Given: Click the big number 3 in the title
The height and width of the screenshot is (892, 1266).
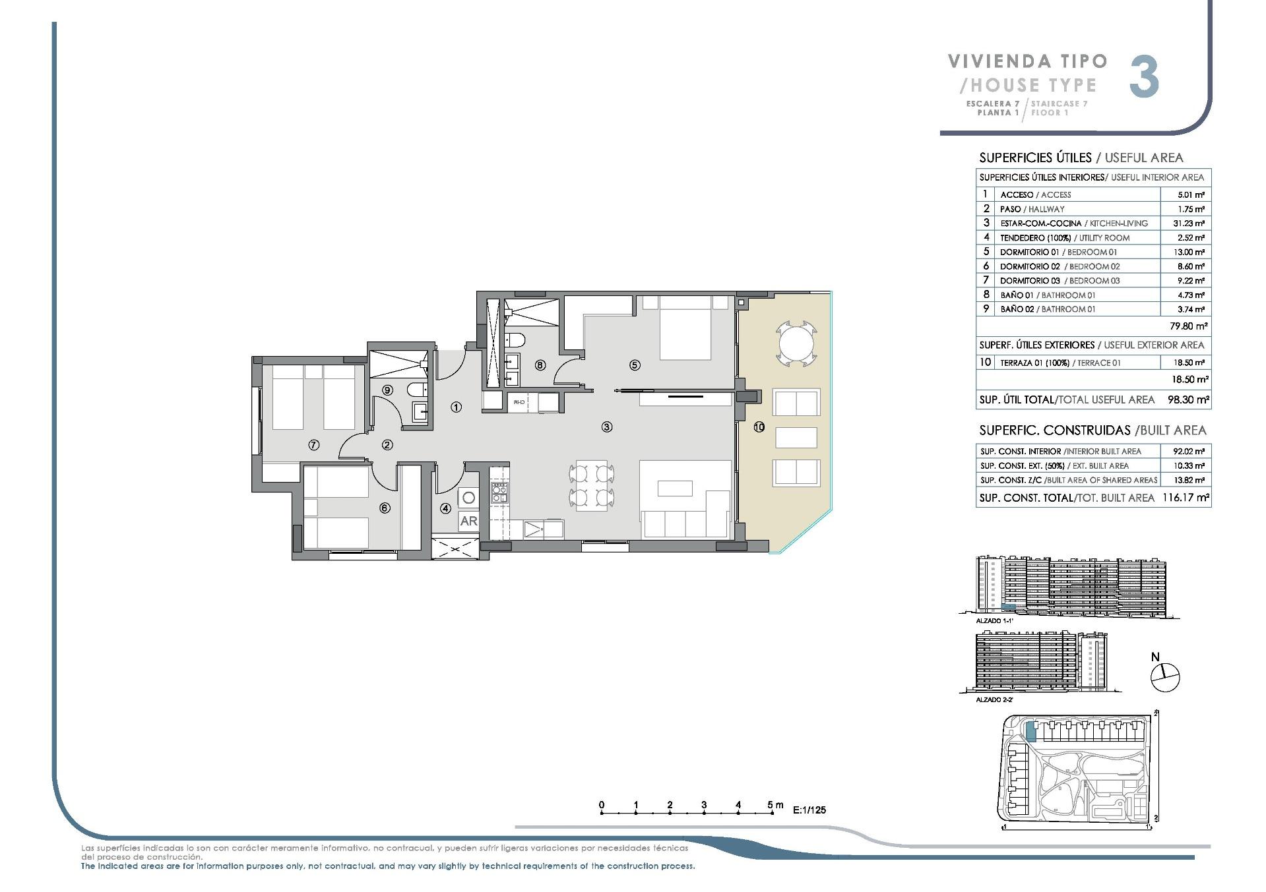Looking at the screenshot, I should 1144,78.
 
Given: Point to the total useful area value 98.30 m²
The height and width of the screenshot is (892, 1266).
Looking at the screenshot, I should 1187,400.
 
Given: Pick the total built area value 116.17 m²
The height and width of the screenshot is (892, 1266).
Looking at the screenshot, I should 1186,498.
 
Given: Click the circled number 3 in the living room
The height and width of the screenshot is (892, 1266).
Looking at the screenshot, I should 606,427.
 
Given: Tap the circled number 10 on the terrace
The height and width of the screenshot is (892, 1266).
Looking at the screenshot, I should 759,427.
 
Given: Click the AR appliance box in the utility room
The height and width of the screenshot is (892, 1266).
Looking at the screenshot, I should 468,521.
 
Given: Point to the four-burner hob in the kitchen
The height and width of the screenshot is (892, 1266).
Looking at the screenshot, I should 499,492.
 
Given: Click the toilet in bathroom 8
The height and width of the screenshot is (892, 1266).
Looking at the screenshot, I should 515,340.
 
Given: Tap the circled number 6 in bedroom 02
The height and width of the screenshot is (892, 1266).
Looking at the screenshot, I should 385,508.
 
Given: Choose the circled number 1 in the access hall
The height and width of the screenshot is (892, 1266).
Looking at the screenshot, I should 456,407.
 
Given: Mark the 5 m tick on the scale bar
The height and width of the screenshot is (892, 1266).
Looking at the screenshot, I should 773,814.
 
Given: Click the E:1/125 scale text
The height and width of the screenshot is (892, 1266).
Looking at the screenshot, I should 809,810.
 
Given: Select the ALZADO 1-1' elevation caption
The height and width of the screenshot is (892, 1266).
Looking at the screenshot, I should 994,621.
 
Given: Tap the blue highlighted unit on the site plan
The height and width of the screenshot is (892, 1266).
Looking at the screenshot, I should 1030,731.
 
